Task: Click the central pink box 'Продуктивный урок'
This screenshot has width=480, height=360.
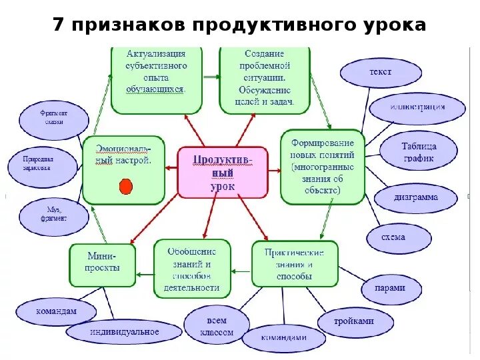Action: coord(223,172)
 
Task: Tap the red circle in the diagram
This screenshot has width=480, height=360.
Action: coord(125,187)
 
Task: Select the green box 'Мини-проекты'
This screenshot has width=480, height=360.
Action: coord(102,265)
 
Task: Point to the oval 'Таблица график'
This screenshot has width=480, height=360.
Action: coord(418,152)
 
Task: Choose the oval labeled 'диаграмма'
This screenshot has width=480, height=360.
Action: coord(415,198)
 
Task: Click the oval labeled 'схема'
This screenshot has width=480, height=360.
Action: coord(393,237)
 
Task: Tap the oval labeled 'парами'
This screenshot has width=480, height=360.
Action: coord(393,289)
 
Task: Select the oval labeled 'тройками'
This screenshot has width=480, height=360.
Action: coord(354,321)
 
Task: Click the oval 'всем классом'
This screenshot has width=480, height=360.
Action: coord(216,326)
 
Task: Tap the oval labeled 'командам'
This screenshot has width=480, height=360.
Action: coord(56,311)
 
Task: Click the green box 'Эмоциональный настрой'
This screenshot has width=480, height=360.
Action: coord(123,169)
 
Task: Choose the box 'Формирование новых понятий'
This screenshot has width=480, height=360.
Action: coord(323,167)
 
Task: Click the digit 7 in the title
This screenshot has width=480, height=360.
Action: coord(59,25)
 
